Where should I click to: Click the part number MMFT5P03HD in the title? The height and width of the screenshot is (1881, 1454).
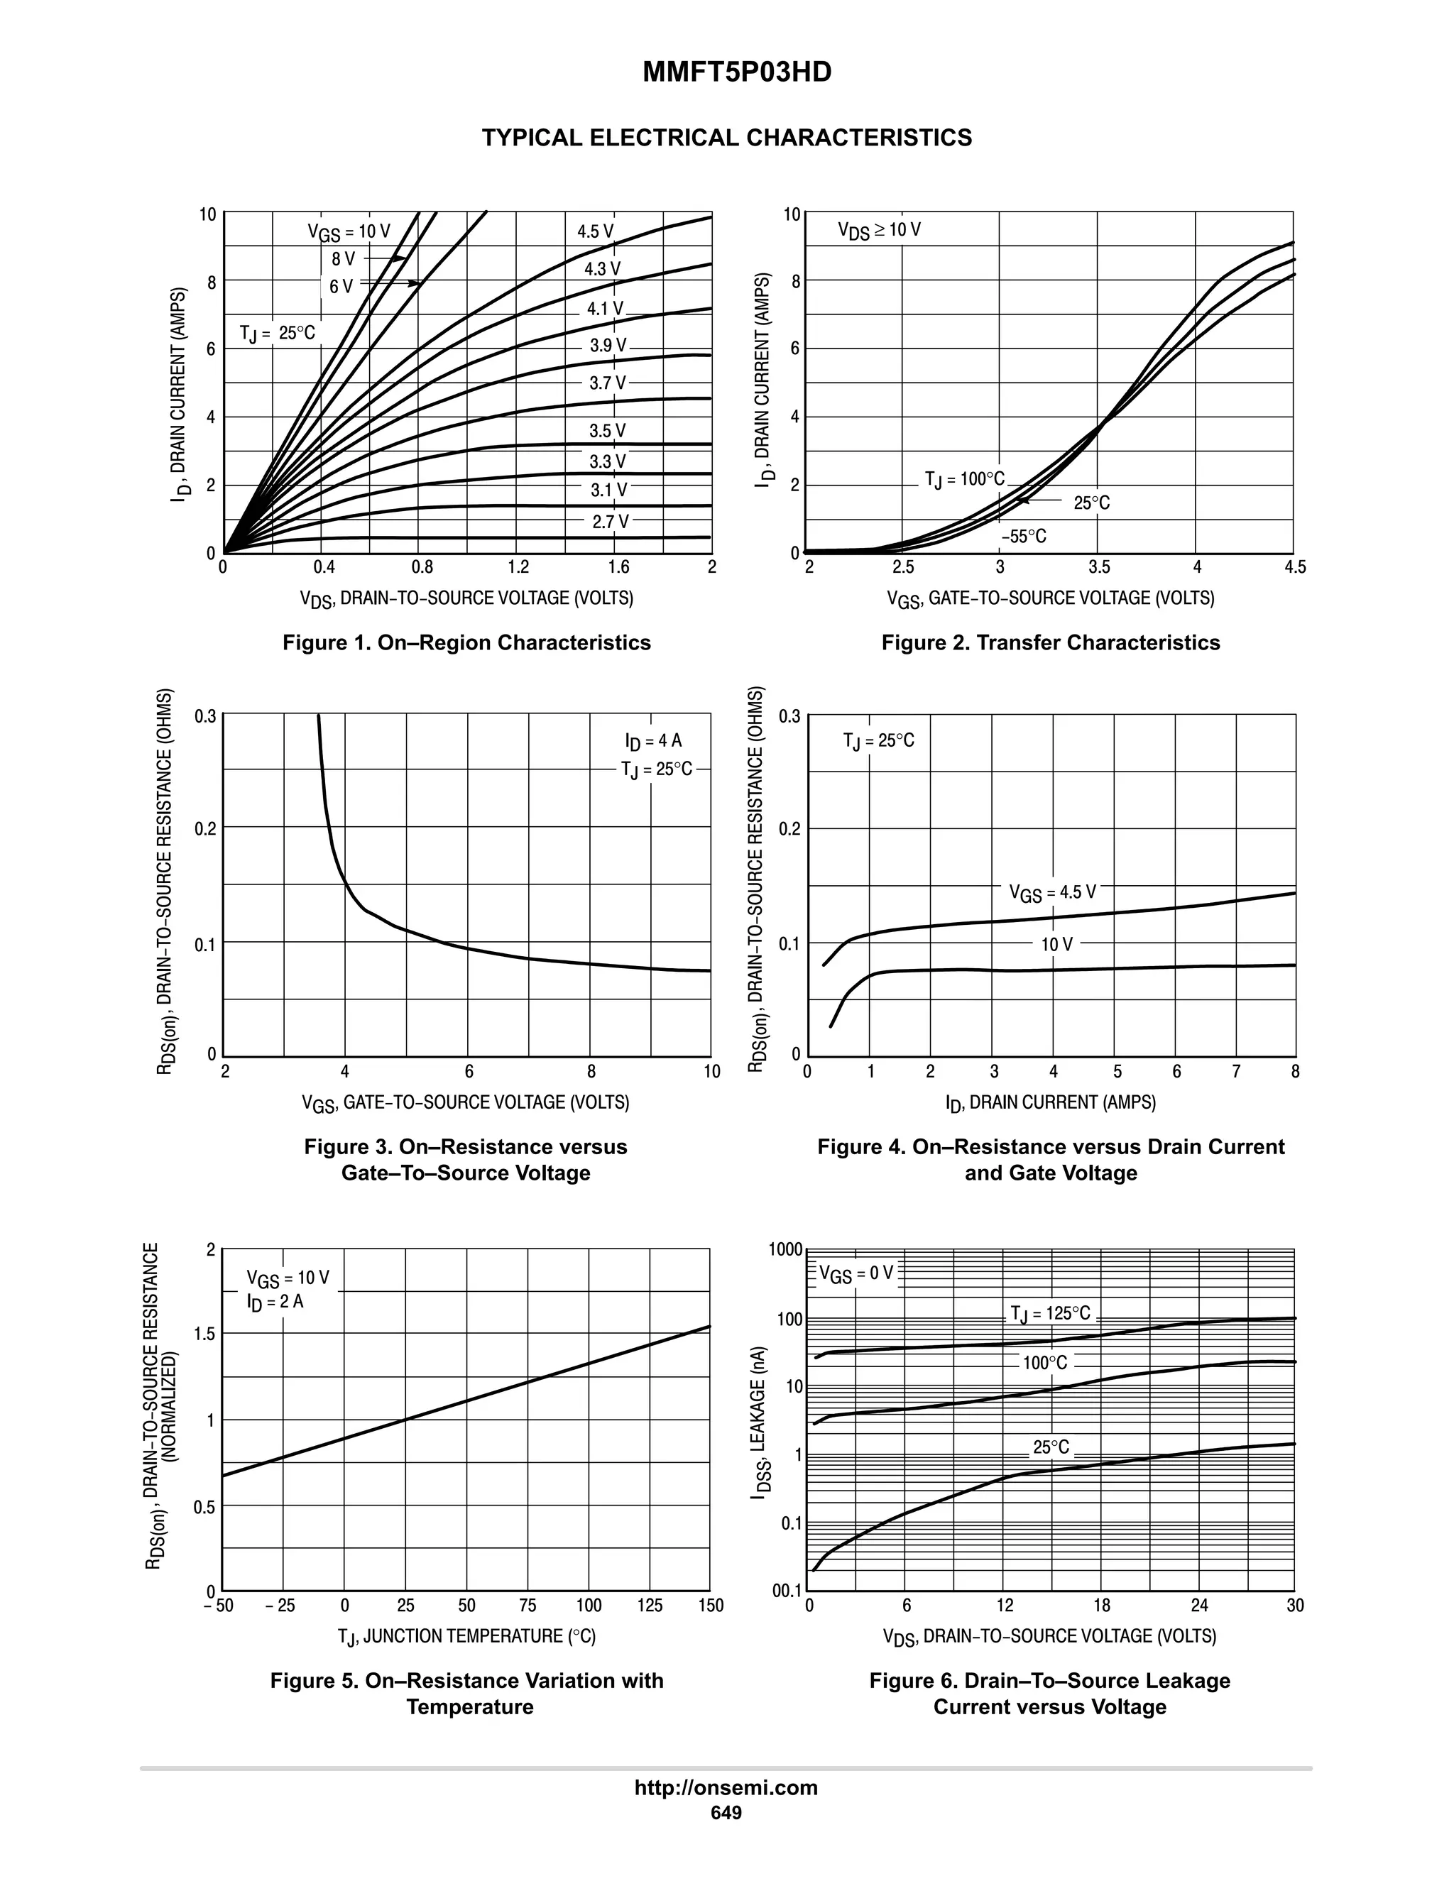click(x=736, y=72)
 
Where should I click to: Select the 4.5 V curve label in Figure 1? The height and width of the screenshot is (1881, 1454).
click(x=595, y=231)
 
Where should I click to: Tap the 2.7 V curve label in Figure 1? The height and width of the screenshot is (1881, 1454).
click(x=610, y=521)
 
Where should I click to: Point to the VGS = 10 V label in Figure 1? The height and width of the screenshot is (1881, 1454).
click(x=349, y=231)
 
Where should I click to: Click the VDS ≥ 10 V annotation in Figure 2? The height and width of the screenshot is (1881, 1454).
click(x=879, y=230)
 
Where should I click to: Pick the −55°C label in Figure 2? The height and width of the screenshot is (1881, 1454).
click(x=1023, y=537)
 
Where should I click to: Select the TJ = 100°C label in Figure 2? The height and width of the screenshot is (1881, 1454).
click(x=965, y=479)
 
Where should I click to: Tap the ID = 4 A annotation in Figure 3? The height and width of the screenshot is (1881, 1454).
click(x=654, y=742)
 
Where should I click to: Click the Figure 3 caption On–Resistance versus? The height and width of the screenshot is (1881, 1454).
click(x=465, y=1146)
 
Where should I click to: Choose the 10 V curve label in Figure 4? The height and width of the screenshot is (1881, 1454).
click(x=1057, y=945)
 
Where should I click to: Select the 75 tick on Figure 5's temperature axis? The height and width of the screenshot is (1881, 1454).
click(x=528, y=1606)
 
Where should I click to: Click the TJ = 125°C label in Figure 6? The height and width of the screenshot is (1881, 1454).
click(x=1050, y=1313)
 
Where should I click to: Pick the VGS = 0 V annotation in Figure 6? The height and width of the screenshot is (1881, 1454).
click(x=856, y=1273)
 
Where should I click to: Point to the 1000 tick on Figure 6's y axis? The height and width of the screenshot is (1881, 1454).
click(x=786, y=1250)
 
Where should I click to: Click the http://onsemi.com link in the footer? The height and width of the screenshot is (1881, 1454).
click(x=726, y=1788)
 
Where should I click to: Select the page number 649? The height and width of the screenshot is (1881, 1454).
click(x=726, y=1813)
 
